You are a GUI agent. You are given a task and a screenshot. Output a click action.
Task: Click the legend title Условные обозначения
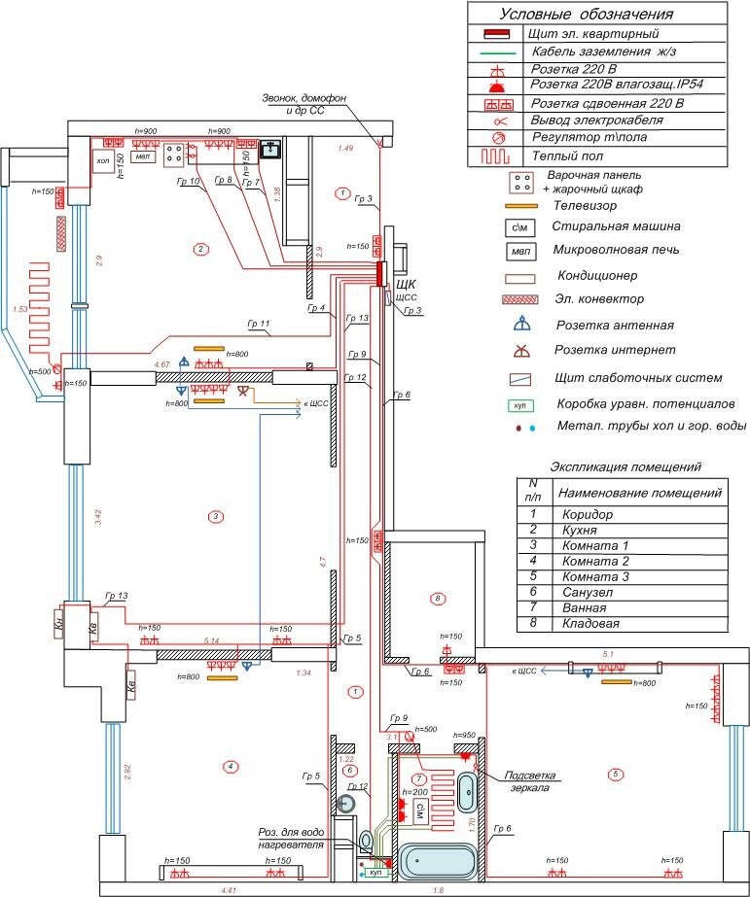pos(586,14)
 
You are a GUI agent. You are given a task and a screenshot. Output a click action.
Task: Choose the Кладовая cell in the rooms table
pos(590,623)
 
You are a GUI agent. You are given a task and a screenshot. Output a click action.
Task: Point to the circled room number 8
pos(438,598)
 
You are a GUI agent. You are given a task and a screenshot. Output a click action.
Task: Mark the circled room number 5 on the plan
pos(614,775)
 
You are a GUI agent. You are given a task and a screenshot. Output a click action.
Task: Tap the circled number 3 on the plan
pos(216,516)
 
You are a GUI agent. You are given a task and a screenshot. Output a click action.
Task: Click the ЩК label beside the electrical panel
pos(406,284)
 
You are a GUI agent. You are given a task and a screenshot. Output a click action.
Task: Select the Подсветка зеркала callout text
pos(529,781)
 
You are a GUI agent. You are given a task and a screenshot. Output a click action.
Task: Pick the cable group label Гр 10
pos(189,182)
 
